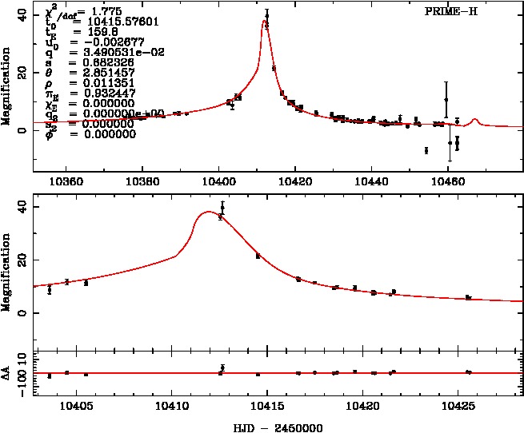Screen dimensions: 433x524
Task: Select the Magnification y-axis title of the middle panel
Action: pyautogui.click(x=7, y=272)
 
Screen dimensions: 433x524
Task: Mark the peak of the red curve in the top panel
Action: pyautogui.click(x=264, y=22)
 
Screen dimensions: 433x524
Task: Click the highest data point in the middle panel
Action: pyautogui.click(x=222, y=208)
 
